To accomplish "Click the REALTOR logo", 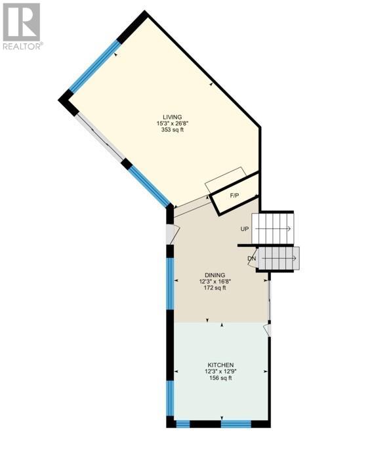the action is (x=22, y=26).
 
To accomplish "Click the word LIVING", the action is (x=173, y=117).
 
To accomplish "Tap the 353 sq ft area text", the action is (x=173, y=130).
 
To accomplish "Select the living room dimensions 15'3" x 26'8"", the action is (x=173, y=123).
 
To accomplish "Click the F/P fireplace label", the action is (x=234, y=196).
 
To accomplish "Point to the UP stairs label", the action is (x=245, y=229).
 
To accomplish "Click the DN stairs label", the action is (x=251, y=259).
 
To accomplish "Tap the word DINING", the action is (x=215, y=275).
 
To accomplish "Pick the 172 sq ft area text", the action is (x=215, y=288).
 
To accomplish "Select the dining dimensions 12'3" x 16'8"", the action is (x=215, y=282).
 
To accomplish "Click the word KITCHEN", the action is (x=220, y=365).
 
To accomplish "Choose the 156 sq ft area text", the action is (x=220, y=378).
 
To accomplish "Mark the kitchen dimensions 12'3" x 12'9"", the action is (x=220, y=372).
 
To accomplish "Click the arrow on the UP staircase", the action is (x=273, y=229).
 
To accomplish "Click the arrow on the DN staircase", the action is (x=279, y=258).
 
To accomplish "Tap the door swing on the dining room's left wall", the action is (x=173, y=234).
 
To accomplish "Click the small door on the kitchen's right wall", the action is (x=268, y=330).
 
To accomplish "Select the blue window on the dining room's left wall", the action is (x=171, y=283).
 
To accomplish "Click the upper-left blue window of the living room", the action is (x=94, y=65).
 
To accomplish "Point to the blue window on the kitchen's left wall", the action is (x=171, y=398).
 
